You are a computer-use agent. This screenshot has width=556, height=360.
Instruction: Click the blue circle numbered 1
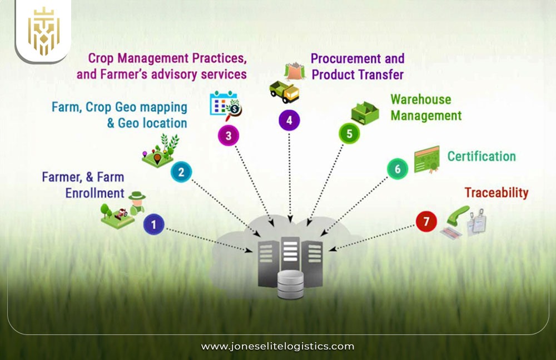[x=154, y=225]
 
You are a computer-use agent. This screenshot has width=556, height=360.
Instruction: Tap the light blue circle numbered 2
[x=181, y=172]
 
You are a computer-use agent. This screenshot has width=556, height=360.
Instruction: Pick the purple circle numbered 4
[x=289, y=120]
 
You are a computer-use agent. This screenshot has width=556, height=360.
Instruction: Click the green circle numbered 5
[x=349, y=133]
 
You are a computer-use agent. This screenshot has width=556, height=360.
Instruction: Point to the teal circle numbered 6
[x=397, y=168]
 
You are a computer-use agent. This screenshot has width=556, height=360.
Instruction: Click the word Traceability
[x=496, y=193]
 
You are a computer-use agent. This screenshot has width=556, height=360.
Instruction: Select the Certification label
[x=481, y=156]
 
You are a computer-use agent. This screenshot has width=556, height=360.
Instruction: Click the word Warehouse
[x=420, y=99]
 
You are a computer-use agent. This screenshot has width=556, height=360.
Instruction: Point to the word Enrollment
[x=95, y=193]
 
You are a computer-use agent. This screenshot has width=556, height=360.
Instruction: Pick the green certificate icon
[x=426, y=159]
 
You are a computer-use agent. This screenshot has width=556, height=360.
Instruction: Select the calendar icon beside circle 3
[x=221, y=104]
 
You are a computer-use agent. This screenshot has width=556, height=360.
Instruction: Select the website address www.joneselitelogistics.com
[x=277, y=346]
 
